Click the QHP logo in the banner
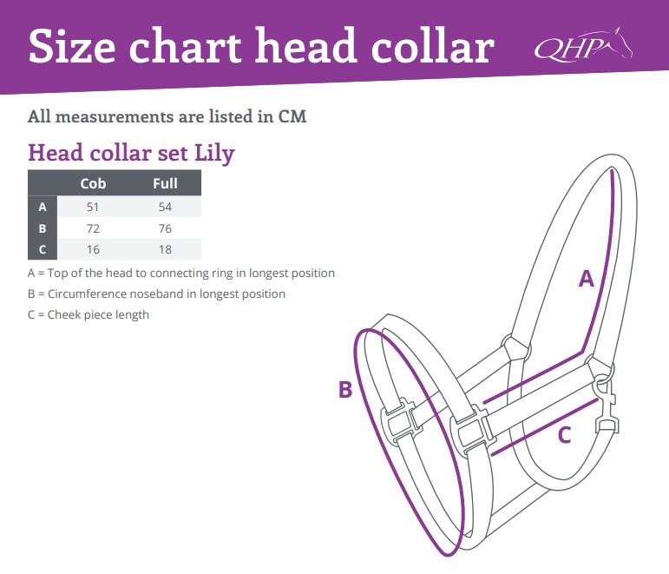pyautogui.click(x=583, y=45)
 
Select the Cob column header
pyautogui.click(x=93, y=183)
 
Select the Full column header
pyautogui.click(x=165, y=183)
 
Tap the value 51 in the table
pyautogui.click(x=93, y=208)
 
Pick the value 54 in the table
pyautogui.click(x=165, y=208)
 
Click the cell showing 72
pyautogui.click(x=93, y=228)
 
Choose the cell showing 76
pyautogui.click(x=165, y=228)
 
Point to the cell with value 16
pyautogui.click(x=93, y=249)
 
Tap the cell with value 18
pyautogui.click(x=165, y=249)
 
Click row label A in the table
pyautogui.click(x=43, y=208)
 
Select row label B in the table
pyautogui.click(x=43, y=228)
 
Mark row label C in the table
pyautogui.click(x=43, y=249)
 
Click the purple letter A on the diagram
pyautogui.click(x=587, y=279)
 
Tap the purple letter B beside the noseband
pyautogui.click(x=345, y=390)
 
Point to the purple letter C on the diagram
pyautogui.click(x=565, y=435)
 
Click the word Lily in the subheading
pyautogui.click(x=214, y=154)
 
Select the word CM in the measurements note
pyautogui.click(x=292, y=116)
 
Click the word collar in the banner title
pyautogui.click(x=433, y=46)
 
